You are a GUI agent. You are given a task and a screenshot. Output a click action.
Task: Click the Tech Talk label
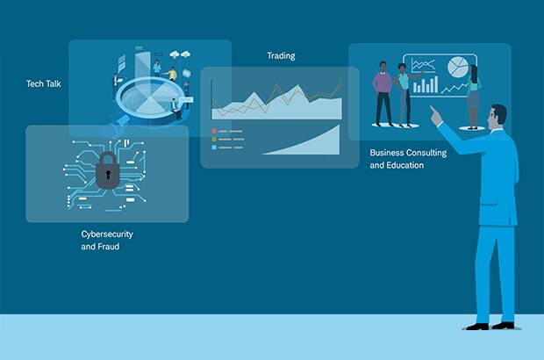[44, 83]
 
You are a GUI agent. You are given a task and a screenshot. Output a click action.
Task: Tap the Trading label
[281, 56]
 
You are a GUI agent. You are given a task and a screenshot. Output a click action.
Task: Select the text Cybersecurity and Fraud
[107, 241]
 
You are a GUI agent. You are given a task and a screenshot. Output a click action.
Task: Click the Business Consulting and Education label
[408, 159]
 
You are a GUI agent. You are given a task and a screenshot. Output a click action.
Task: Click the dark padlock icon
[108, 170]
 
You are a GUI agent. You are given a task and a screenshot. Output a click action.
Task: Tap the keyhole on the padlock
[108, 174]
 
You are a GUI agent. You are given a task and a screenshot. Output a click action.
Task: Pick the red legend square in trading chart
[214, 131]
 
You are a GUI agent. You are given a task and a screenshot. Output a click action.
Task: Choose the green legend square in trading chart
[214, 140]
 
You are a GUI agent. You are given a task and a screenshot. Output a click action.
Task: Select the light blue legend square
[214, 148]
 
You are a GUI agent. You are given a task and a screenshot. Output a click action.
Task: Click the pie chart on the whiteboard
[458, 67]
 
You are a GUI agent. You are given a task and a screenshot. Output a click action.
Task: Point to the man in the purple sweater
[383, 94]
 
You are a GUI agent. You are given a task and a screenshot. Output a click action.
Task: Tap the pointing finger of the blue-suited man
[433, 111]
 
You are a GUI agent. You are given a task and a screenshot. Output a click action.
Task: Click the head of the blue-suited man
[497, 118]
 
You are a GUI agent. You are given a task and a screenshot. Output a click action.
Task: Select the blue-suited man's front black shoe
[477, 327]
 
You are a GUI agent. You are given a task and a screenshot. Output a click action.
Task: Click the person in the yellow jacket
[171, 74]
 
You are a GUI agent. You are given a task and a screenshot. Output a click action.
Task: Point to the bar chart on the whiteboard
[425, 84]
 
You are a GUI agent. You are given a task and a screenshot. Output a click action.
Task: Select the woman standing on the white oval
[473, 97]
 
